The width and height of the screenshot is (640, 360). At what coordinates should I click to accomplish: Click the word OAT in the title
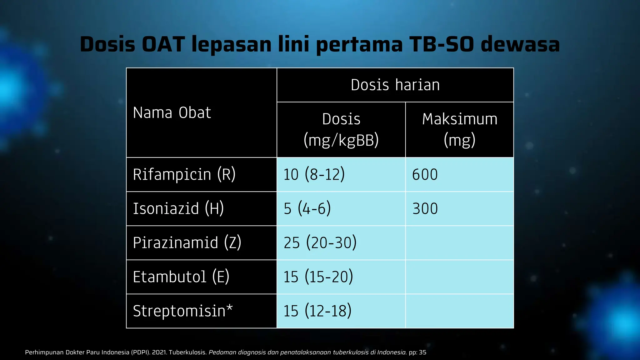[163, 44]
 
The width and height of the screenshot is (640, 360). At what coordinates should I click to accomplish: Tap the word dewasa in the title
[520, 44]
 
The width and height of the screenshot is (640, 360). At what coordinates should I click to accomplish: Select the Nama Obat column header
[172, 113]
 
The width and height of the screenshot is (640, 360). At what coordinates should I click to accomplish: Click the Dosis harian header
[395, 85]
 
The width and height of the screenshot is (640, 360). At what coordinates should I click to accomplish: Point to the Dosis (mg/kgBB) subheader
[341, 129]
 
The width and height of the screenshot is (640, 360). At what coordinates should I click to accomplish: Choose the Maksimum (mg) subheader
[459, 129]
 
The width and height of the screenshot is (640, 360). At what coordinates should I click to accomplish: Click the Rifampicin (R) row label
[184, 174]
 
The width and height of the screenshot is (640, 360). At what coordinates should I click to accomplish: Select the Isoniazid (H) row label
[178, 208]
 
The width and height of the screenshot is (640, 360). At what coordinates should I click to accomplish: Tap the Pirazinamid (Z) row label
[187, 243]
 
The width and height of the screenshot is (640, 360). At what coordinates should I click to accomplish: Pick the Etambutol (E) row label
[181, 277]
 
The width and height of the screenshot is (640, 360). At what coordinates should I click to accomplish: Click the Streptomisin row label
[179, 311]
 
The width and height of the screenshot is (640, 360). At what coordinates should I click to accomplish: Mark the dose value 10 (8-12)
[314, 174]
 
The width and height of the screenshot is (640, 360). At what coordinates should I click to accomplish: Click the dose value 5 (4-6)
[307, 208]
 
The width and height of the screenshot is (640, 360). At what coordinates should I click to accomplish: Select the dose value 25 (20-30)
[320, 243]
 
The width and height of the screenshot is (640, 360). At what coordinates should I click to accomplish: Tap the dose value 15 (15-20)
[318, 277]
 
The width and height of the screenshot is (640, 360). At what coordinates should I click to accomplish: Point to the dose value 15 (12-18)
[317, 311]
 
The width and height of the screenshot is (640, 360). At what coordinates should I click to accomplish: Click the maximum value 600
[425, 174]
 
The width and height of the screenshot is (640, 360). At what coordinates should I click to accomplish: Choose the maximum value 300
[425, 208]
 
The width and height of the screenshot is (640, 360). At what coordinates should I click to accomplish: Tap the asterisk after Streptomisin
[230, 308]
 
